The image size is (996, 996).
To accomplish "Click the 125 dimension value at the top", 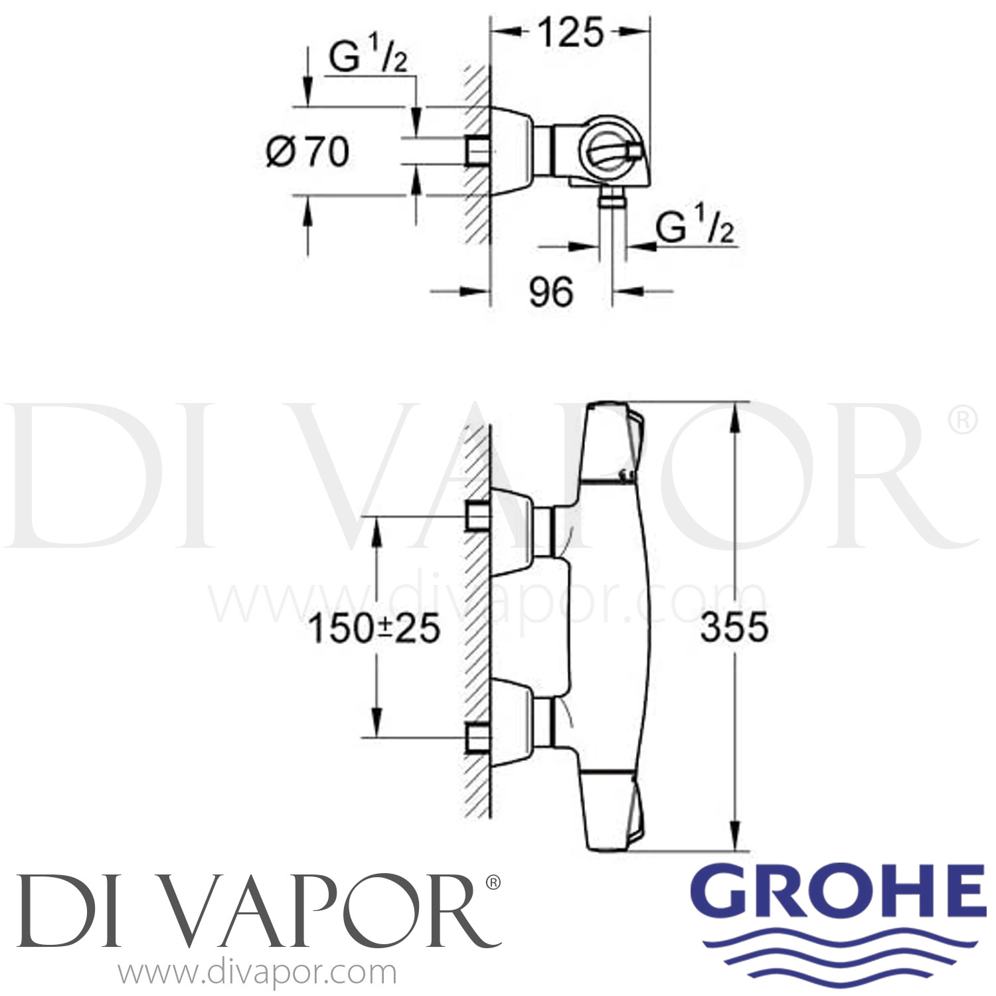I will (x=570, y=33).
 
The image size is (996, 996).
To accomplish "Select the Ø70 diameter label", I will (x=307, y=151).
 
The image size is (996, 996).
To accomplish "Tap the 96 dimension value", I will (x=550, y=292).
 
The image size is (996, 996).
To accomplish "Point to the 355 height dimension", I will (x=734, y=627).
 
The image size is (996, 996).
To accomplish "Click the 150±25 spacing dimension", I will (x=374, y=627).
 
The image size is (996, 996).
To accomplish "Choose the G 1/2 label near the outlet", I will (x=695, y=229).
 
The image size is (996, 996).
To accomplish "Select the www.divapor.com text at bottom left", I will (x=257, y=973).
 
